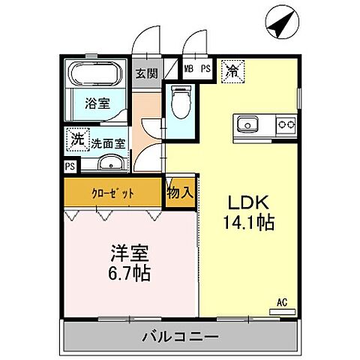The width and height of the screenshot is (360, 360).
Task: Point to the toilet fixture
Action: click(x=181, y=103)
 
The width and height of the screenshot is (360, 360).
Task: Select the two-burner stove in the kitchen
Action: click(x=285, y=123)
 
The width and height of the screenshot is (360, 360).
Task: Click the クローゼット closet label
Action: click(x=113, y=192)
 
